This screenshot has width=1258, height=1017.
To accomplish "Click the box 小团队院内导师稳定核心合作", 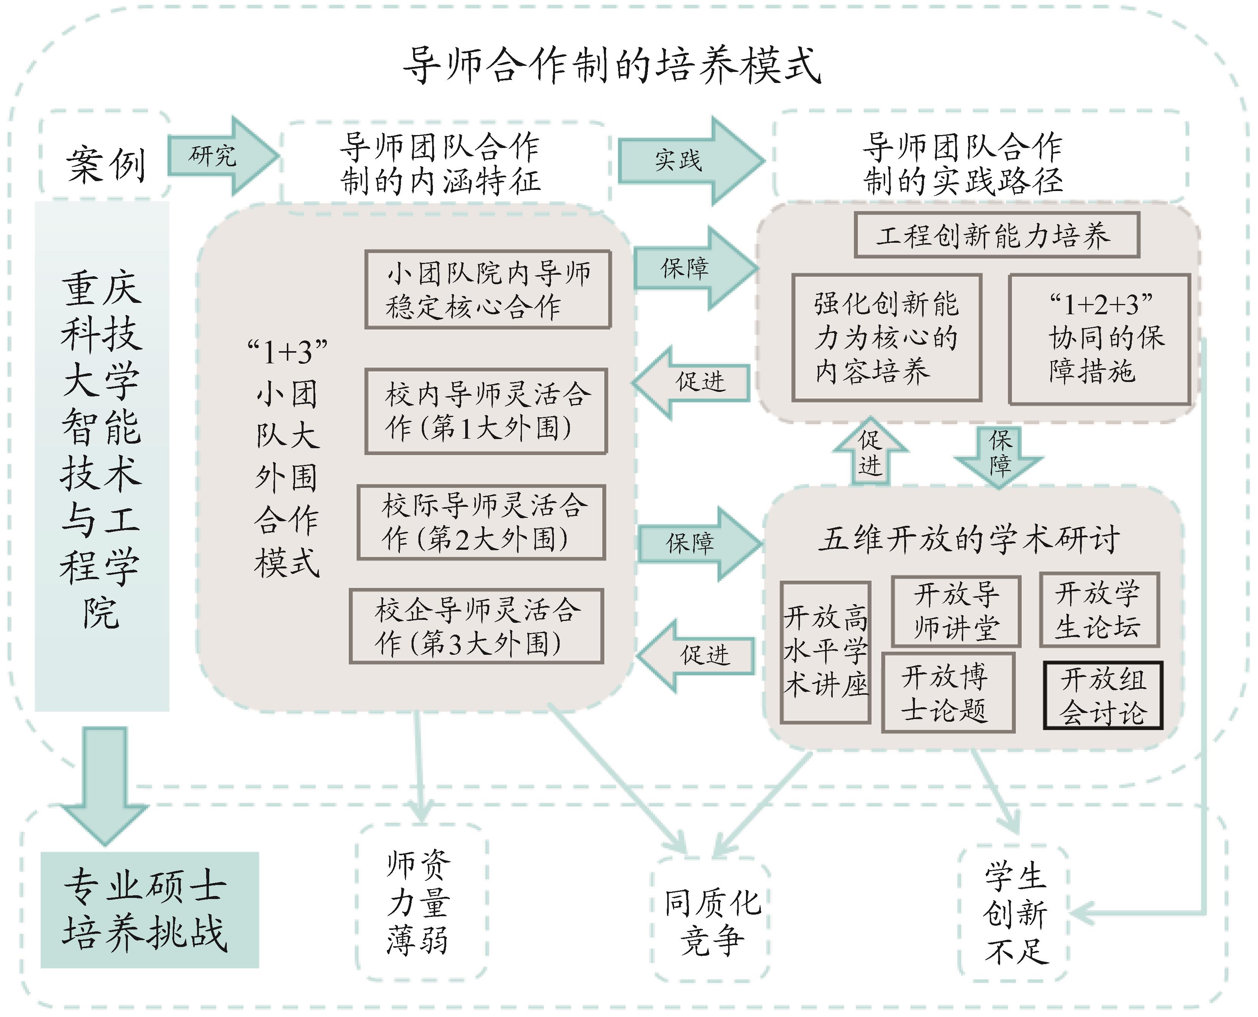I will (x=488, y=290).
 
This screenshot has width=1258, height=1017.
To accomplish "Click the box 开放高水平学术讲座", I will (x=825, y=653).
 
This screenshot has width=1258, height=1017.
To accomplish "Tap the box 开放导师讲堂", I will (x=956, y=611).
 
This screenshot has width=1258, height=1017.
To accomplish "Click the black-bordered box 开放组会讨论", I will (x=1103, y=696).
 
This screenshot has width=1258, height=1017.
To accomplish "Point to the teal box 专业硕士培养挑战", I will (x=149, y=910).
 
